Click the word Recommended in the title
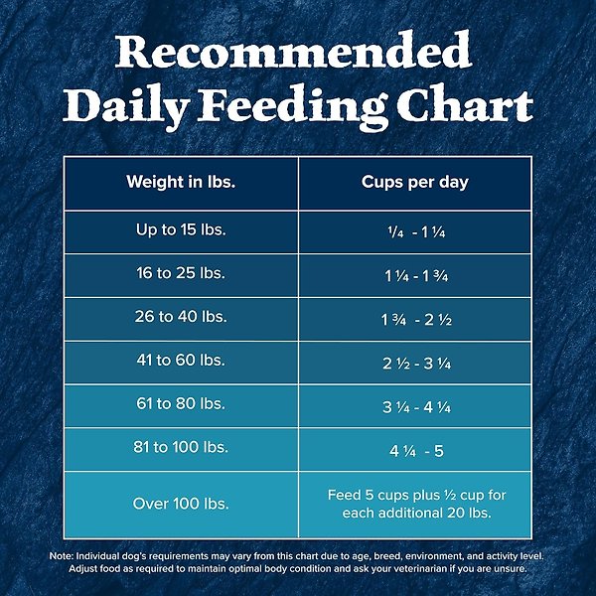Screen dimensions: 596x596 pyautogui.click(x=293, y=50)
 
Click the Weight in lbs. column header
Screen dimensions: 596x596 pyautogui.click(x=181, y=183)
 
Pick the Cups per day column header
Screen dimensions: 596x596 pyautogui.click(x=415, y=183)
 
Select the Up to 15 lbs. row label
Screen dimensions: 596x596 pyautogui.click(x=181, y=229)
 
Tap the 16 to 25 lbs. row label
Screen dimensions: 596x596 pyautogui.click(x=181, y=273)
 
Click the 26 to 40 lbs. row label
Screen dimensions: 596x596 pyautogui.click(x=181, y=318)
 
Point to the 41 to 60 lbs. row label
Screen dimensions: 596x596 pyautogui.click(x=181, y=362)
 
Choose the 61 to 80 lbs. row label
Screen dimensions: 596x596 pyautogui.click(x=181, y=405)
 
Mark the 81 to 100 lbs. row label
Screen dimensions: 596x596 pyautogui.click(x=181, y=450)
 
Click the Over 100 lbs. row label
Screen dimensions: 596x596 pyautogui.click(x=181, y=504)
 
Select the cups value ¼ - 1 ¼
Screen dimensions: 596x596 pyautogui.click(x=415, y=230)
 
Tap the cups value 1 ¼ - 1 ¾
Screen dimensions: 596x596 pyautogui.click(x=415, y=274)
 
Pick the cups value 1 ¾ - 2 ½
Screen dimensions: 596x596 pyautogui.click(x=415, y=319)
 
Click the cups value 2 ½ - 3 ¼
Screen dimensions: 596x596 pyautogui.click(x=415, y=363)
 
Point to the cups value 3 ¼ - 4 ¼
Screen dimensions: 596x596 pyautogui.click(x=415, y=406)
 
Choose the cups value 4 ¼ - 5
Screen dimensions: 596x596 pyautogui.click(x=415, y=451)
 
